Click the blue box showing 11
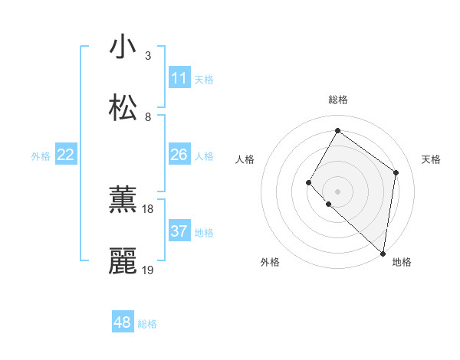tap(179, 78)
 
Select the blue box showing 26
tap(179, 155)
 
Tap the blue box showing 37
tap(179, 231)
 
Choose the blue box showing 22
tap(66, 155)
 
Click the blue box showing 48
tap(123, 322)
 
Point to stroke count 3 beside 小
tap(148, 56)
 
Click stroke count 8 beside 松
tap(148, 117)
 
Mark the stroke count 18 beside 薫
tap(148, 209)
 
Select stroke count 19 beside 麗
tap(148, 270)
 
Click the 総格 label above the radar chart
tap(337, 100)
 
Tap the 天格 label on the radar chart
tap(431, 159)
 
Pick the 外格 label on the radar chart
tap(270, 262)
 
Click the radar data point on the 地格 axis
tap(383, 253)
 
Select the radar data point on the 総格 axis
tap(337, 130)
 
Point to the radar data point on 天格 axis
tap(396, 172)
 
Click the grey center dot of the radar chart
tap(337, 191)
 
